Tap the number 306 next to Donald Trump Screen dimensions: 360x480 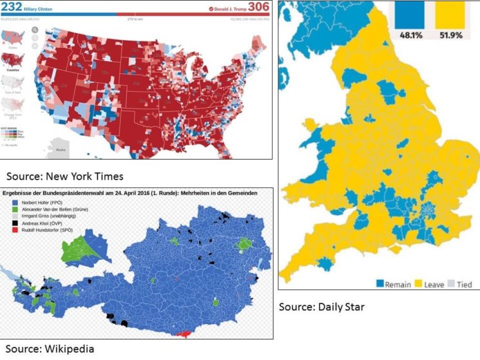[x=257, y=8]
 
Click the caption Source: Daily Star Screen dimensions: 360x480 [x=322, y=307]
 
